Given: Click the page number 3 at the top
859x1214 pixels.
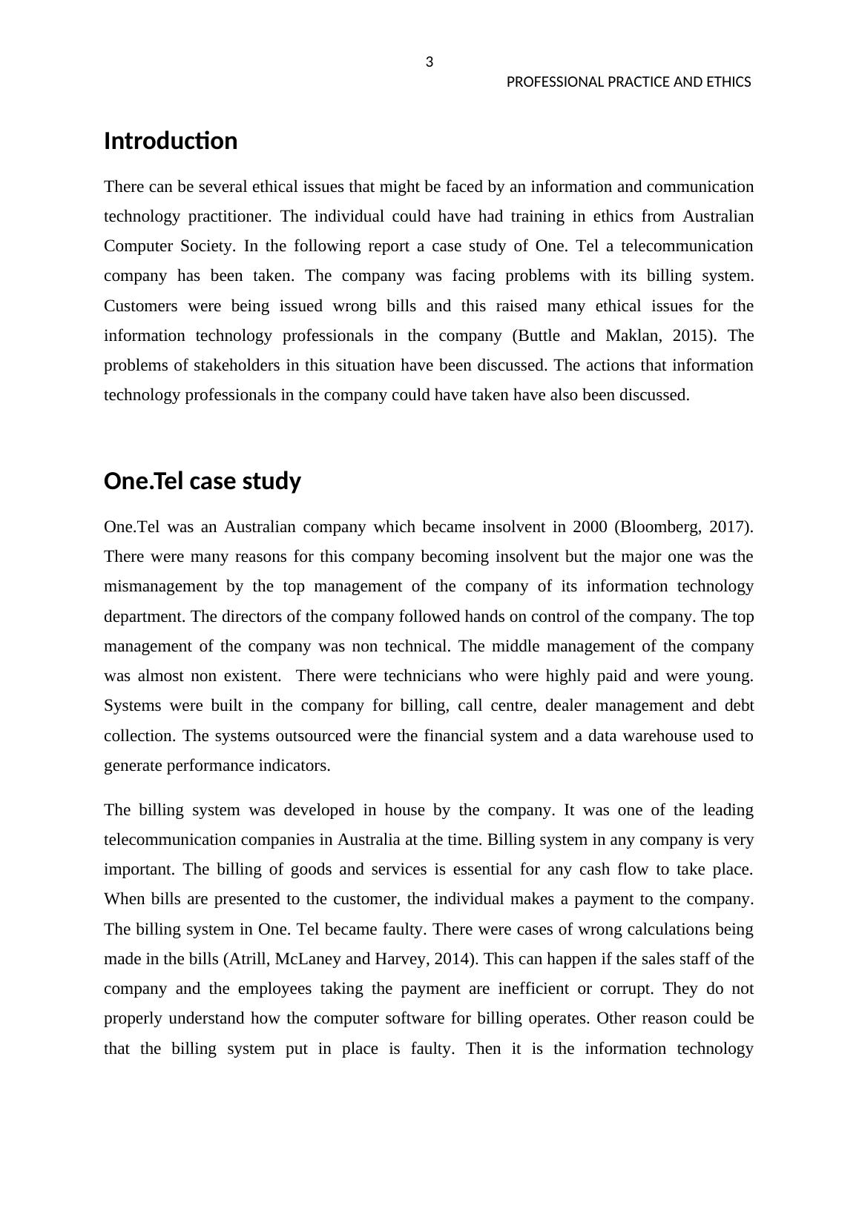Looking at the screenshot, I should [x=429, y=62].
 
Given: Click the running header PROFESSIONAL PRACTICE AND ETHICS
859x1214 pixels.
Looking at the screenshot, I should [x=628, y=82].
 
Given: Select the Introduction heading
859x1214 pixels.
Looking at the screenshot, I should [x=171, y=141].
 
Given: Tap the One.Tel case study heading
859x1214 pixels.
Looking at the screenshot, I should [x=203, y=481].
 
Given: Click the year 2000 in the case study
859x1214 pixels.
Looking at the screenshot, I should [x=590, y=527].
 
